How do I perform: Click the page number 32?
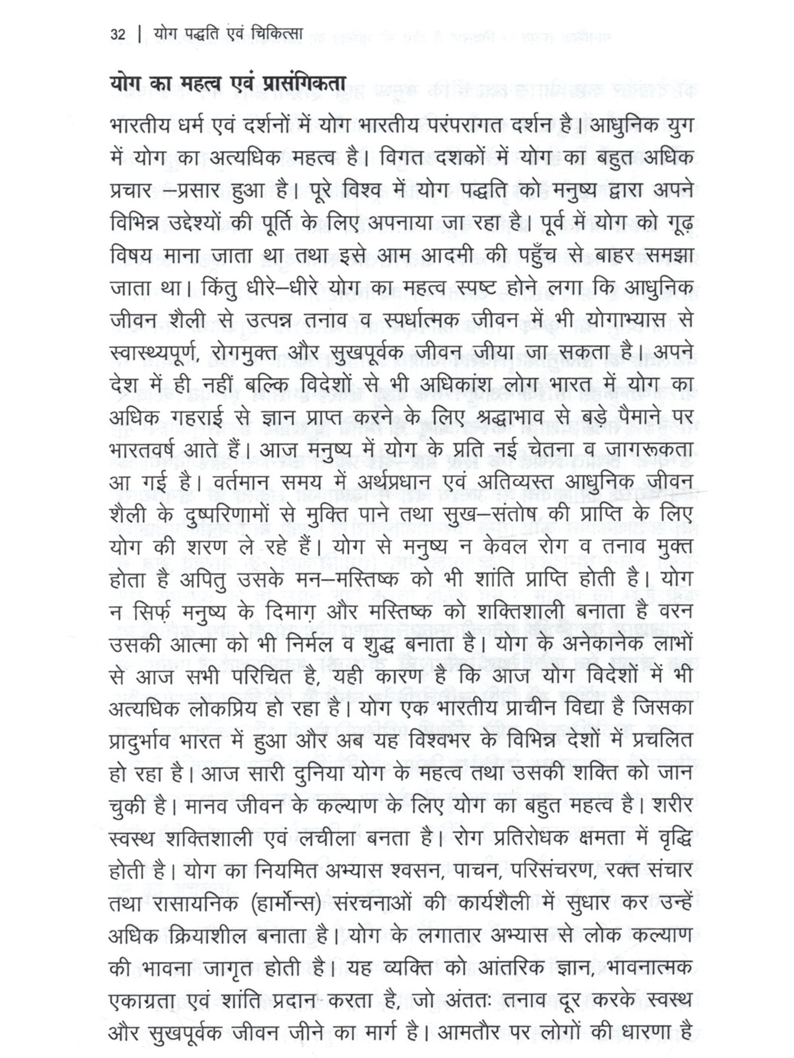(x=118, y=35)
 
